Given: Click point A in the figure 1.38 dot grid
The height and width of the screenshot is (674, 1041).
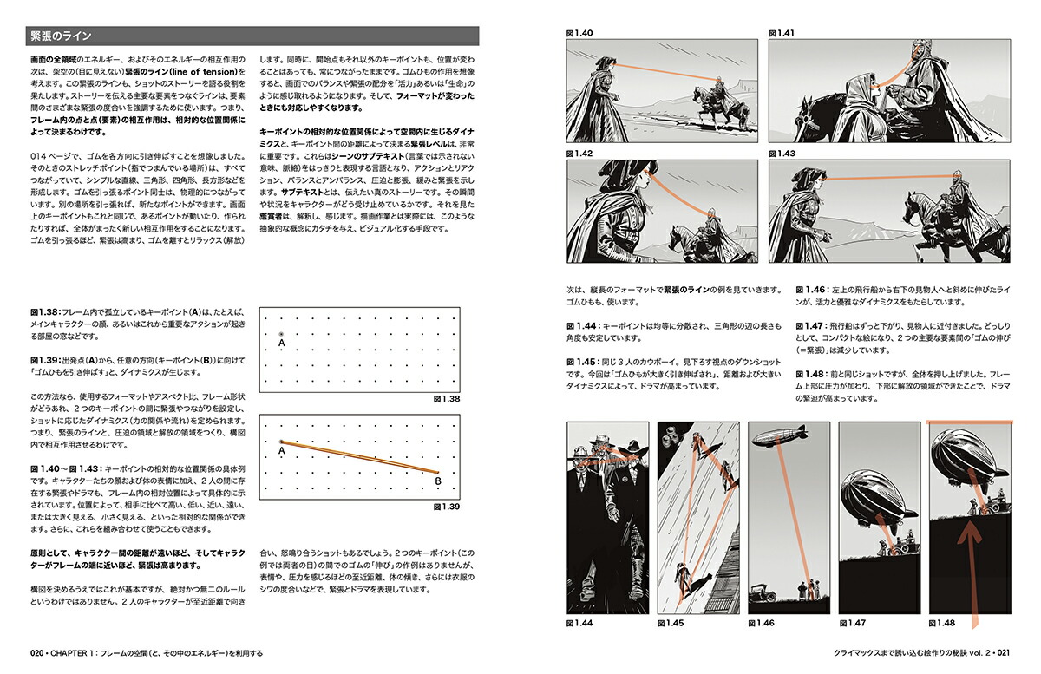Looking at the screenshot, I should click(x=280, y=335).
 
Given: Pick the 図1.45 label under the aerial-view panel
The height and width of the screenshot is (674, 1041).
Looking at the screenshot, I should click(x=671, y=623).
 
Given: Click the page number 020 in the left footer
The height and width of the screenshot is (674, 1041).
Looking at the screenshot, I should click(x=36, y=653).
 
